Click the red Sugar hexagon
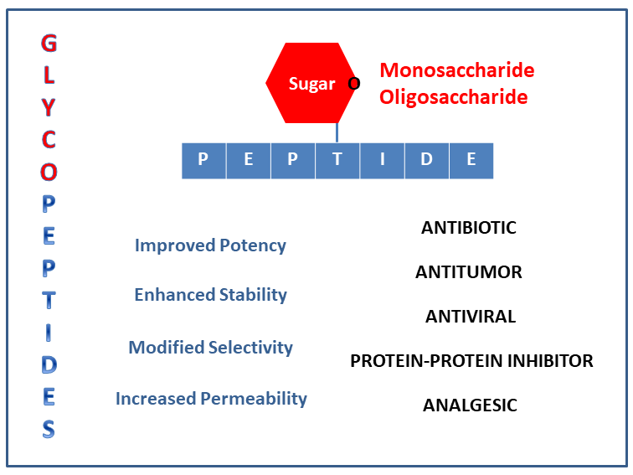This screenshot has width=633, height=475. coord(311,83)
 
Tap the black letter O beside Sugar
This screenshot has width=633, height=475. coord(354,84)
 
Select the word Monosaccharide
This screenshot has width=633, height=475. coord(457,70)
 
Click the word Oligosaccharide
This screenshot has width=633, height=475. coord(453,97)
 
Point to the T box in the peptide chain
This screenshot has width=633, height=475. coord(337,161)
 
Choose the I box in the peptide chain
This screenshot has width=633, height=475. coord(383,161)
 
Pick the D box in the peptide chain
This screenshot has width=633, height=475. coord(427,161)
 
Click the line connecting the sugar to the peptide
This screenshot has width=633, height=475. coord(337,133)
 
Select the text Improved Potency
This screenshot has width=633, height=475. coord(210,246)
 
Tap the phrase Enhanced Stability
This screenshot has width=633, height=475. coord(211,295)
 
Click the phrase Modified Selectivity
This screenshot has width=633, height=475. coord(211,348)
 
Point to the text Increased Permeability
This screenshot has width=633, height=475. coord(212,399)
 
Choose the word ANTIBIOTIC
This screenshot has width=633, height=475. coord(469,228)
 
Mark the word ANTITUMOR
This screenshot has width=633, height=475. coord(469,272)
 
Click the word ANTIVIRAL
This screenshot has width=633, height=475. coord(471,317)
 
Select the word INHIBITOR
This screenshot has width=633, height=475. coord(550,361)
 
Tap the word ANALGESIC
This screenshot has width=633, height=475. coord(470,405)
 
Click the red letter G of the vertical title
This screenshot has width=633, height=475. coord(49,43)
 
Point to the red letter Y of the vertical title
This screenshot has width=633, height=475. coord(49,107)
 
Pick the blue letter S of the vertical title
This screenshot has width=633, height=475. coord(49,429)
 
